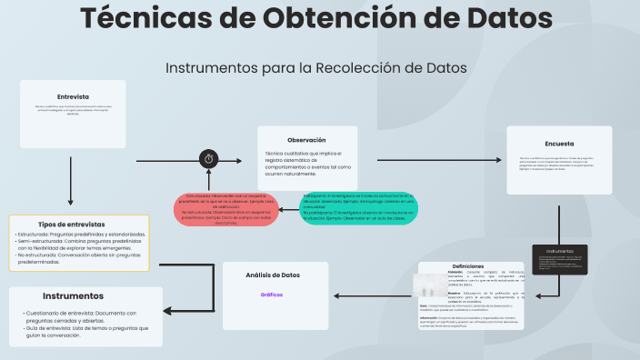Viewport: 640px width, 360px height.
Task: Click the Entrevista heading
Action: pos(73,96)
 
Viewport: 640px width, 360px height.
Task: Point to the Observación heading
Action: pos(306,140)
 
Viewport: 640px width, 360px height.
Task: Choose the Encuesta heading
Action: pos(559,143)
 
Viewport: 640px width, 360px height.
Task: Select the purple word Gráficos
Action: pos(272,295)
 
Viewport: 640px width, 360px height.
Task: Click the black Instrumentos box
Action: pos(559,259)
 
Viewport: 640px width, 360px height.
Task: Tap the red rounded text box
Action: pos(224,210)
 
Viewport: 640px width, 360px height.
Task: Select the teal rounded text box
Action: pos(359,210)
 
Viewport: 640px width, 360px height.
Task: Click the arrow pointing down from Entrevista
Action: pos(71,182)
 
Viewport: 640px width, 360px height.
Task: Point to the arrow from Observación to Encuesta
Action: pos(433,162)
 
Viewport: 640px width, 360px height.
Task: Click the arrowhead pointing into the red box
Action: pos(283,210)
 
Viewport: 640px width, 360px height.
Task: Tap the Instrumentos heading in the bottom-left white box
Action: pos(73,296)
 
